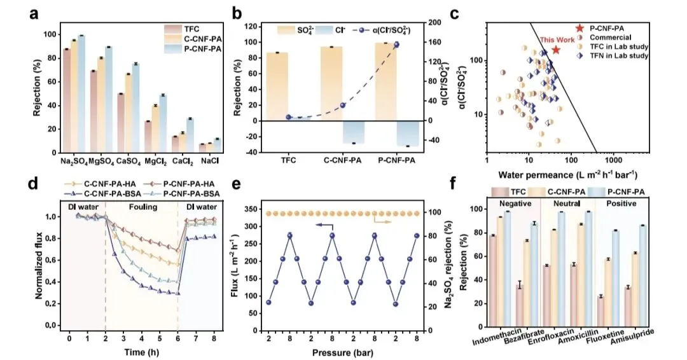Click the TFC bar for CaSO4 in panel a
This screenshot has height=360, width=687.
[x=121, y=123]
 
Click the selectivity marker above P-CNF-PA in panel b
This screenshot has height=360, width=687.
[x=396, y=45]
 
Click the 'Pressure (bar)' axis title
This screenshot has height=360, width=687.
[x=338, y=352]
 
